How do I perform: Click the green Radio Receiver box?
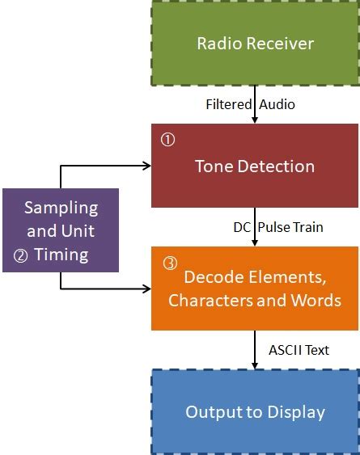(255, 43)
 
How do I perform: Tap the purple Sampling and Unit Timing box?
(61, 230)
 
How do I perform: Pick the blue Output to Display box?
(255, 412)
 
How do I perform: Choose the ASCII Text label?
(299, 350)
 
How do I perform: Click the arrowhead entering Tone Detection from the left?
(147, 166)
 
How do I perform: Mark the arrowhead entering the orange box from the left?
(147, 289)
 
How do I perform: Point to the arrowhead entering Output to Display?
(255, 365)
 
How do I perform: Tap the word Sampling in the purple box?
(61, 207)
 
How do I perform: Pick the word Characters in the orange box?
(210, 301)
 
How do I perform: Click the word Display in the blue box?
(295, 412)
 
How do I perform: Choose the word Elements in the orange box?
(285, 277)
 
